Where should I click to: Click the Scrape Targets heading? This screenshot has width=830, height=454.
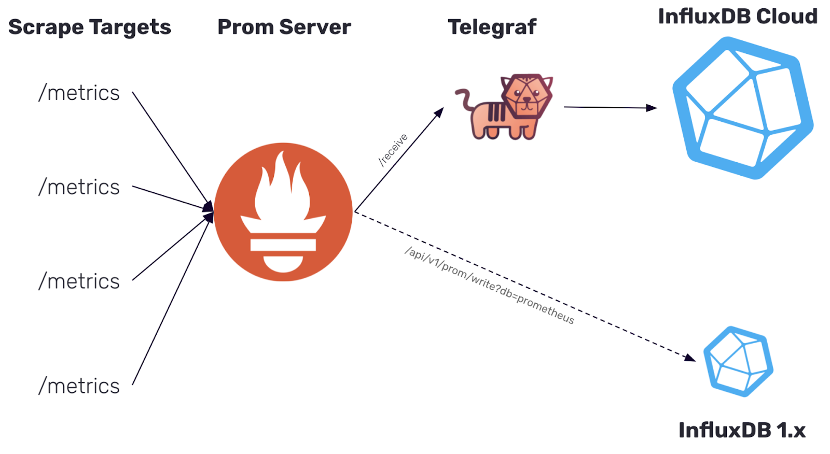[x=90, y=27]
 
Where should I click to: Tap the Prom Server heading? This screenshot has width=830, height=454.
[x=284, y=27]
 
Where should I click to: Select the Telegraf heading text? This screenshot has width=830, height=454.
[x=492, y=27]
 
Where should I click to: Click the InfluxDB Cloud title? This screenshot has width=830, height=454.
[x=737, y=17]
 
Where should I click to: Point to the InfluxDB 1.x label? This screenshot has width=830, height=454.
[x=742, y=430]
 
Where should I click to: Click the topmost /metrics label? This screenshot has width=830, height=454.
[x=79, y=93]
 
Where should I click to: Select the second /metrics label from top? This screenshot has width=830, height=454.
[x=79, y=187]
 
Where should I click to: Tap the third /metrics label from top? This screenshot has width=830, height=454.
[x=79, y=281]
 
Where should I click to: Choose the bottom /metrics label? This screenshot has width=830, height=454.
[x=79, y=386]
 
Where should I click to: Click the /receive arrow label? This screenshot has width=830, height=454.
[x=394, y=150]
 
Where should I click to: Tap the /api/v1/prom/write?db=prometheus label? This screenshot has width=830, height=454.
[x=489, y=286]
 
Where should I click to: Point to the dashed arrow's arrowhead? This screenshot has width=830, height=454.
[x=689, y=358]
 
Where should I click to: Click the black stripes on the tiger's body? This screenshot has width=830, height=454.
[x=496, y=112]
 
